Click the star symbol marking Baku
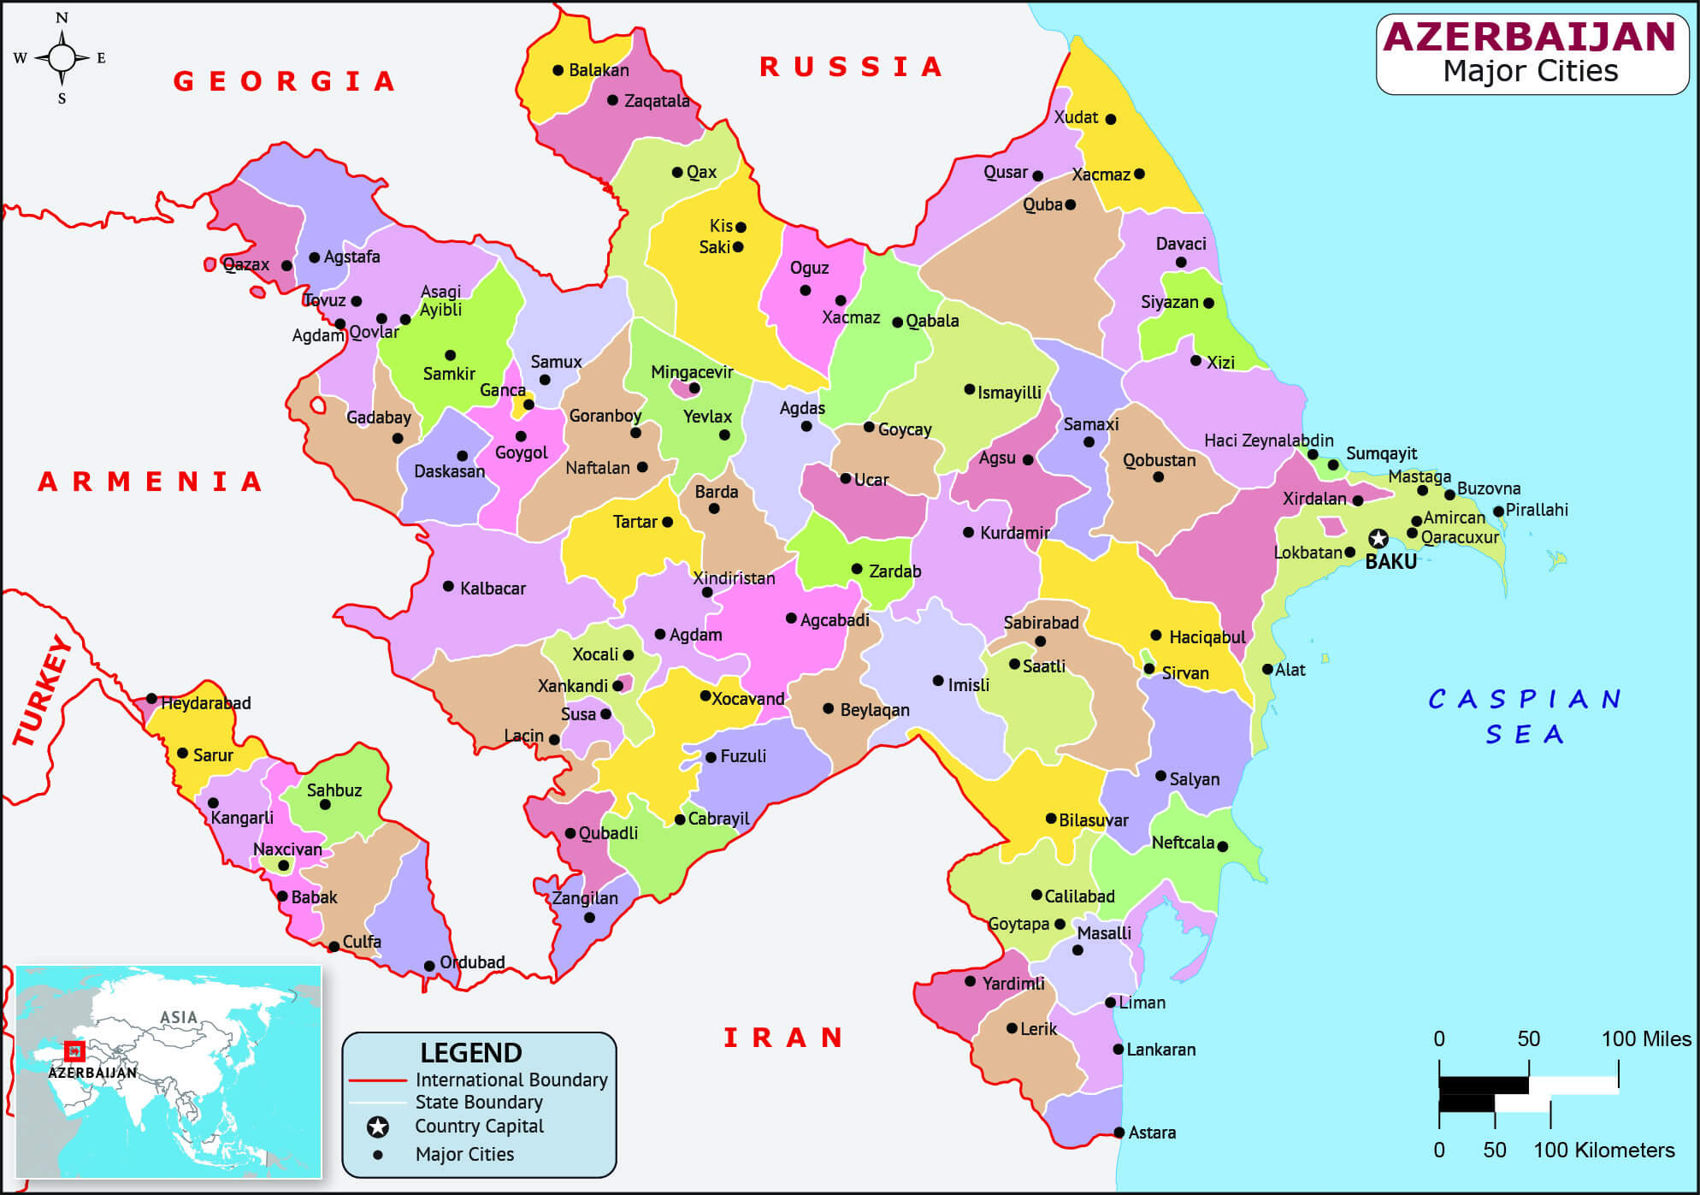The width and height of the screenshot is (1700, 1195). [x=1378, y=538]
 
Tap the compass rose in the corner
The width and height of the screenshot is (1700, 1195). [x=62, y=57]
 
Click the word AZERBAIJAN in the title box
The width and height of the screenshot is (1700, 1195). [x=1530, y=37]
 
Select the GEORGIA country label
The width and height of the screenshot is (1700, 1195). [x=285, y=81]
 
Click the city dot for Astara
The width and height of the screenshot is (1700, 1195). [x=1119, y=1133]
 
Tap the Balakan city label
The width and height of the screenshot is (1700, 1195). [x=599, y=70]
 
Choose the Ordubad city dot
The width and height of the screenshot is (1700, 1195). [x=429, y=966]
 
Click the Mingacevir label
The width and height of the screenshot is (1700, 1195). [x=692, y=372]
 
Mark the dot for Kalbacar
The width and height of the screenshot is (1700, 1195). [x=448, y=586]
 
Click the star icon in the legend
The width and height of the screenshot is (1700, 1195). [x=378, y=1127]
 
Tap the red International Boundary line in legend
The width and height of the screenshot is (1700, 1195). [x=377, y=1080]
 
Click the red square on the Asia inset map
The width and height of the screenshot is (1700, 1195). [x=75, y=1050]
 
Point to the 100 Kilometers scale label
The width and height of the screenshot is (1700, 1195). [x=1603, y=1150]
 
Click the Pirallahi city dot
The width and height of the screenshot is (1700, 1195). [x=1498, y=512]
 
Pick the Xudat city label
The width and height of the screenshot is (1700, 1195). [x=1076, y=117]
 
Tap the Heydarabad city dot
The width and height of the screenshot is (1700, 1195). [x=151, y=699]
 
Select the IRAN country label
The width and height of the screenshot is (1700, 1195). [x=783, y=1038]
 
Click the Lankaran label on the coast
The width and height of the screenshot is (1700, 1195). [x=1160, y=1050]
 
